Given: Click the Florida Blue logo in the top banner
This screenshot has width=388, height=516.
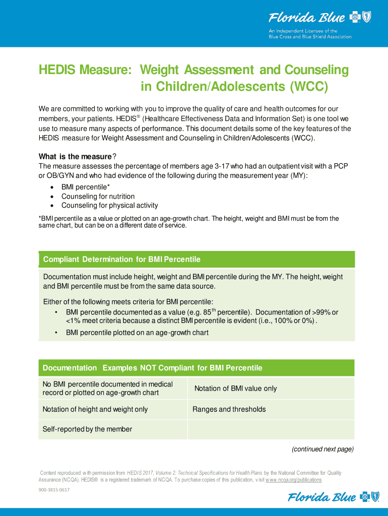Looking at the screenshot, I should pos(319,18).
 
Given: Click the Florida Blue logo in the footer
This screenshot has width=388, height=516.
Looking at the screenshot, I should pos(330,498).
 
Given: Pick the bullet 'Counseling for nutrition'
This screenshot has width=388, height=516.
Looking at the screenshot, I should pos(98,197).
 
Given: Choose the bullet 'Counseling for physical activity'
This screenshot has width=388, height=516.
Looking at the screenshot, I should pos(109,206).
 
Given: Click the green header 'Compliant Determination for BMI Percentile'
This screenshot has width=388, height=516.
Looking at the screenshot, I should pos(122,260).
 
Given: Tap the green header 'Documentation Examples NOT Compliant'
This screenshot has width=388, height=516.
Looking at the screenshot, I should pos(152,368).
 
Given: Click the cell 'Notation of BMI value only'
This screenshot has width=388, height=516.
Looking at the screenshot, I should pos(235,389).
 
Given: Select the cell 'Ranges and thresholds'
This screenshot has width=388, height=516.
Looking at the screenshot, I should pos(229,409).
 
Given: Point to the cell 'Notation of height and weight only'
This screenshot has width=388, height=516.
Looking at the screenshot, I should pos(95,409).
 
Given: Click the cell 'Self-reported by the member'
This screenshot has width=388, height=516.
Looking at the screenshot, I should pos(87,429).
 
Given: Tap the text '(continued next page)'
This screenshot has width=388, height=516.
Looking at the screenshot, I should pos(322,449).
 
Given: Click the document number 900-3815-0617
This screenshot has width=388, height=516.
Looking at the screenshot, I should pos(54,490).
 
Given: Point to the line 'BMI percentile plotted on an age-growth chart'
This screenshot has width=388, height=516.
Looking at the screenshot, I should pos(137,333).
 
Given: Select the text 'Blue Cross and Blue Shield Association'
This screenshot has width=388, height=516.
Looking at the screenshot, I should pos(309,37).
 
